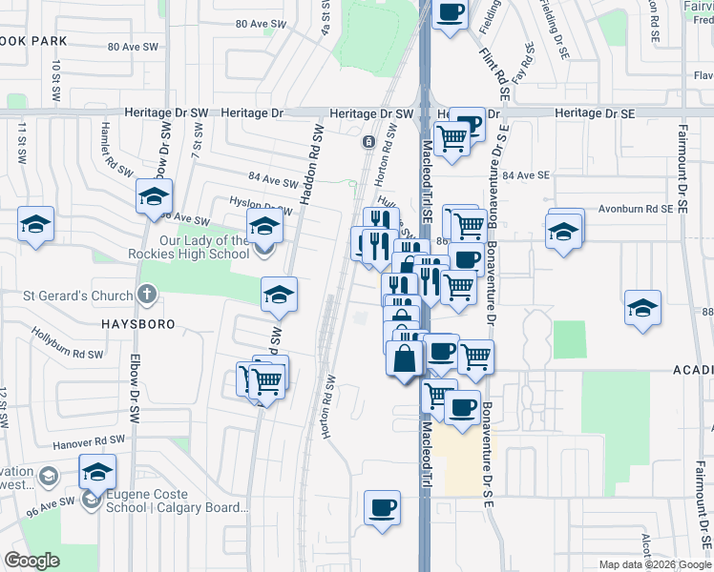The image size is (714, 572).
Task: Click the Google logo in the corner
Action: point(31,561)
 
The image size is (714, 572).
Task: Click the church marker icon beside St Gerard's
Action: point(146,294)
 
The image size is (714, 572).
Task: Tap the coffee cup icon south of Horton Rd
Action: point(383,507)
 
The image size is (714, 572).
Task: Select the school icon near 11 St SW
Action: point(35,225)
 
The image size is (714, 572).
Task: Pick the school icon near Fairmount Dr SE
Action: point(642,308)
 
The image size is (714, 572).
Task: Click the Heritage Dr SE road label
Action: point(594,112)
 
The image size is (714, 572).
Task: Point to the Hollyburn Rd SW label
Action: point(67,344)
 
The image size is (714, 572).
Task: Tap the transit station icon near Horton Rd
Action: point(368,142)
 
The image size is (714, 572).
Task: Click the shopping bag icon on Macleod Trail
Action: point(405,358)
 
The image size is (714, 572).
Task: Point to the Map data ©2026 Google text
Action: point(654,564)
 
